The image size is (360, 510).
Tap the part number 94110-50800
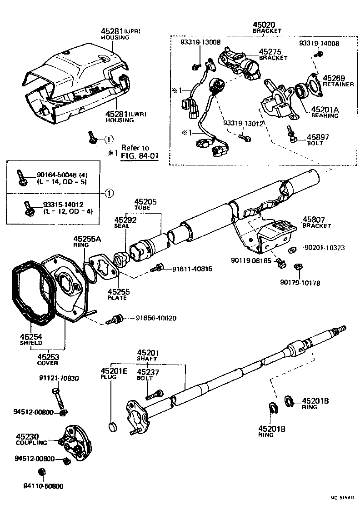(x=45, y=486)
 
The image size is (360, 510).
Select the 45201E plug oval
(x=113, y=426)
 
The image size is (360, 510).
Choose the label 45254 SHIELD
(x=31, y=340)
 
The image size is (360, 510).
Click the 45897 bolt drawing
(x=291, y=135)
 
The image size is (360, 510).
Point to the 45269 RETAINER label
(x=338, y=81)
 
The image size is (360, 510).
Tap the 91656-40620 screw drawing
(x=115, y=319)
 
